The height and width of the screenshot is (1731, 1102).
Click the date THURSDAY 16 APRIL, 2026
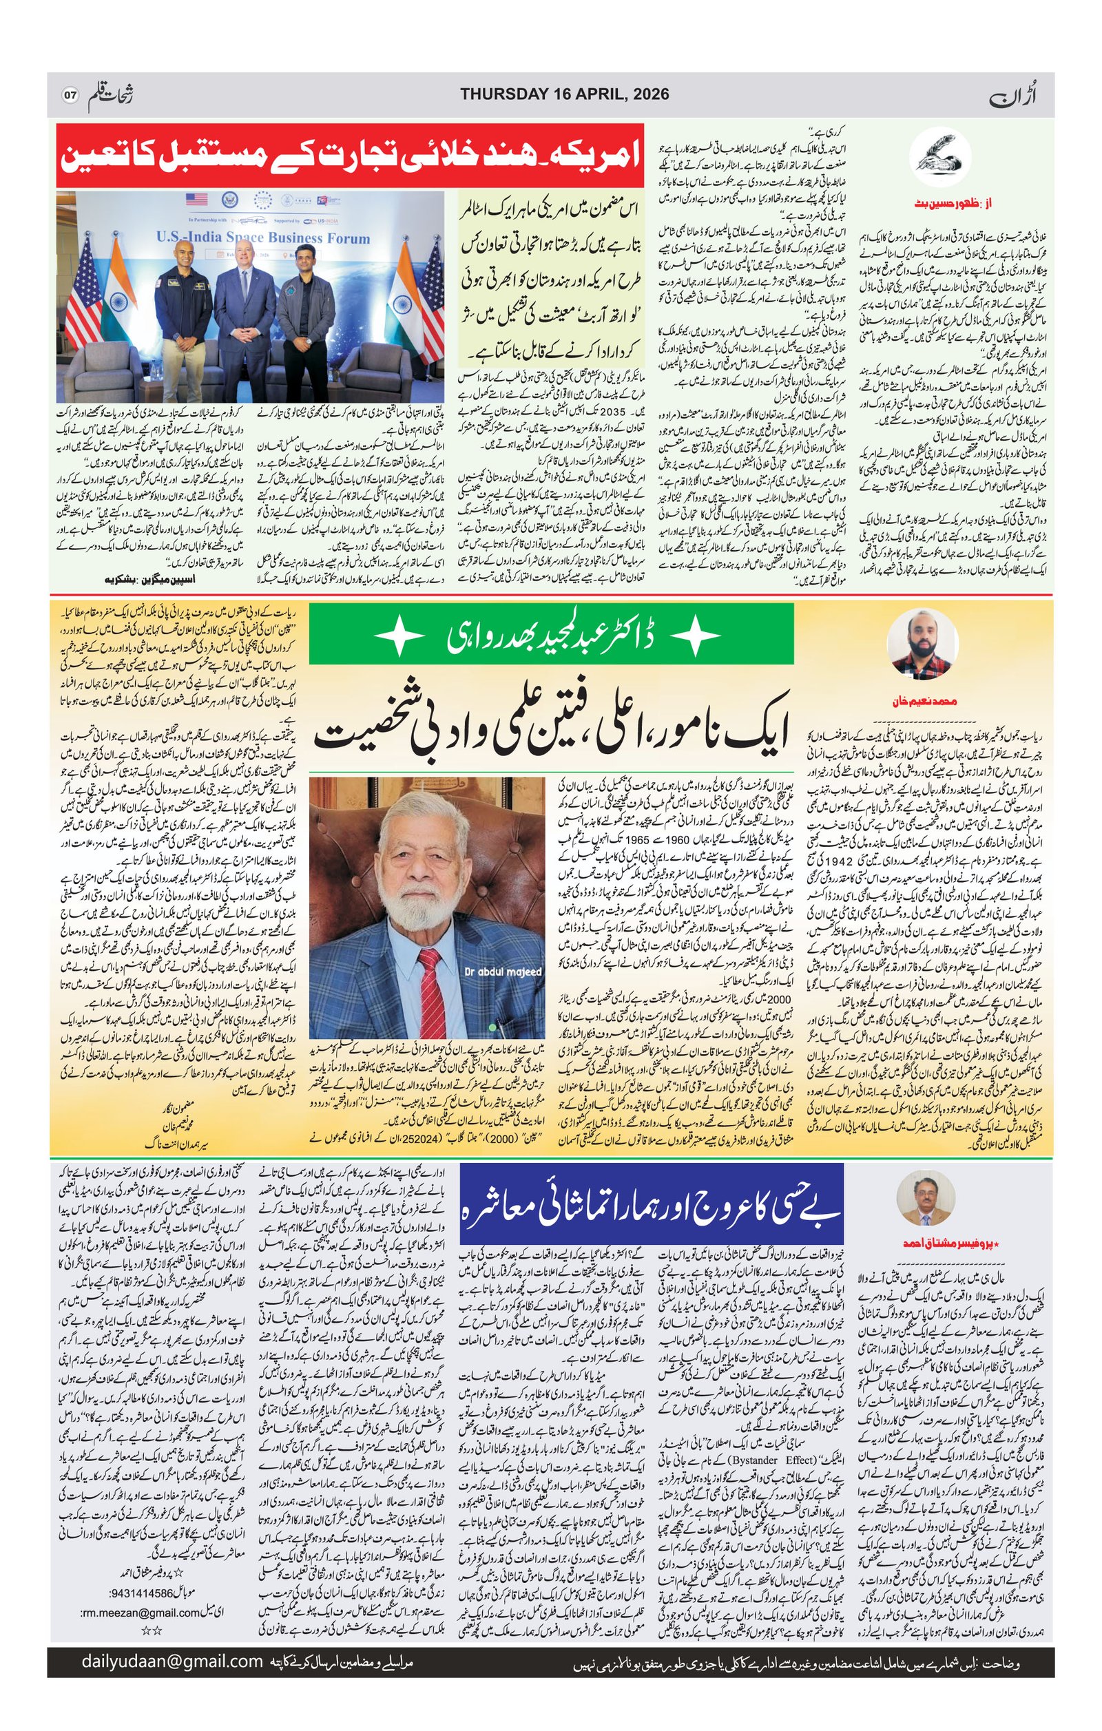(x=564, y=94)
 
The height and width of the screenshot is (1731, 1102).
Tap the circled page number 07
(x=70, y=95)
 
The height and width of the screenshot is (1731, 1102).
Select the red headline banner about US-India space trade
(x=349, y=157)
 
